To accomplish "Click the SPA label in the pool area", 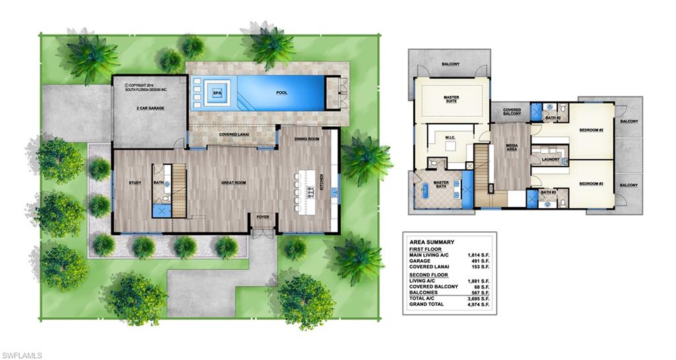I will click(x=216, y=93).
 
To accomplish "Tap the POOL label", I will click(x=281, y=93).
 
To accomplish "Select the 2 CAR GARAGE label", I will click(x=151, y=108).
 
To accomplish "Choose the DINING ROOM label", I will click(x=307, y=139).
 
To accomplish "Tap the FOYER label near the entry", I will click(x=263, y=215).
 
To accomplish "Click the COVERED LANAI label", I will click(x=234, y=135).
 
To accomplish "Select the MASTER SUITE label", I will click(x=451, y=99).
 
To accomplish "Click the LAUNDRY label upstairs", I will click(x=551, y=159).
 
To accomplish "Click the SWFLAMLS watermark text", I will click(x=22, y=355).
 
